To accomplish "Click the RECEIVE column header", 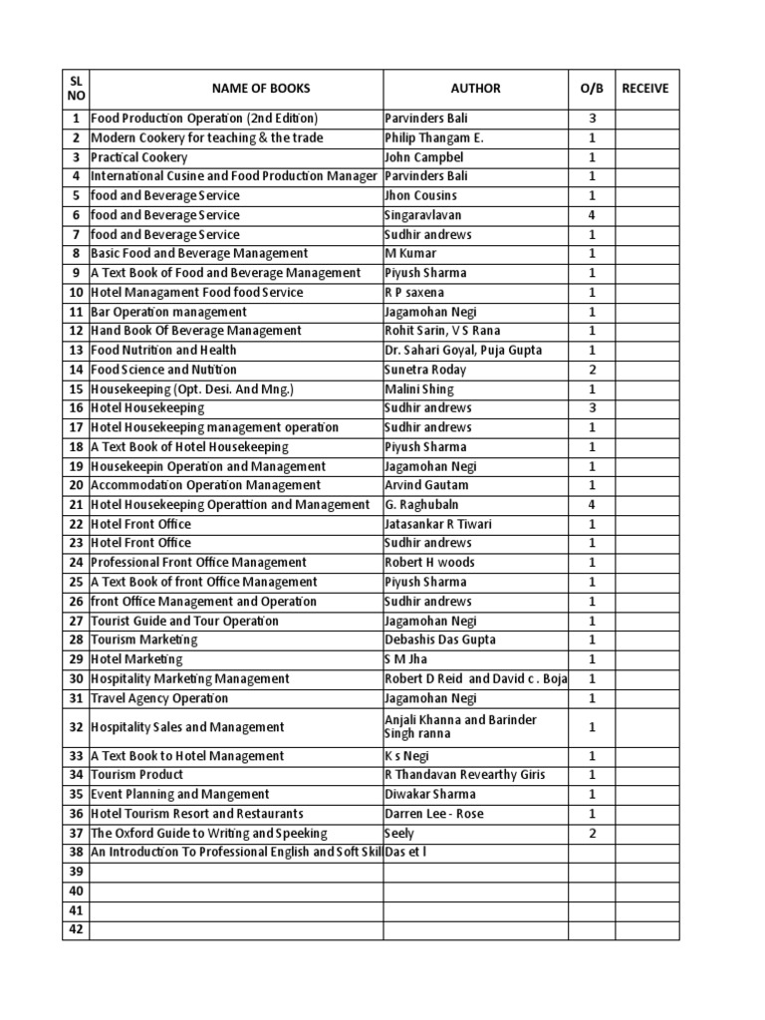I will pos(645,89).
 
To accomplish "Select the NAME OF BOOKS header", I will pos(236,89).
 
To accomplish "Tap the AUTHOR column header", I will pos(475,89).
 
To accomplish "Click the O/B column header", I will pos(592,89).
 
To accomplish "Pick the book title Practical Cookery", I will pos(138,157).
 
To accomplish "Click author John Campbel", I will pos(423,157).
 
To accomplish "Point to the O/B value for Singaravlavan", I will pos(592,215).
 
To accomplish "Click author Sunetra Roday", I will pos(425,370).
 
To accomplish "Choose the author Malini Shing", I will pos(418,389).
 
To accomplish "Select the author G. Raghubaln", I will pos(422,505).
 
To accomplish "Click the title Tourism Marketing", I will pos(143,640).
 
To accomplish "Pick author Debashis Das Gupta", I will pos(439,640).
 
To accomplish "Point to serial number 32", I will pos(76,727).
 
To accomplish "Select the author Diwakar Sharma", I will pos(429,795).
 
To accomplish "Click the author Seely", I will pos(399,834).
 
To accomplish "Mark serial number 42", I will pos(76,930).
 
